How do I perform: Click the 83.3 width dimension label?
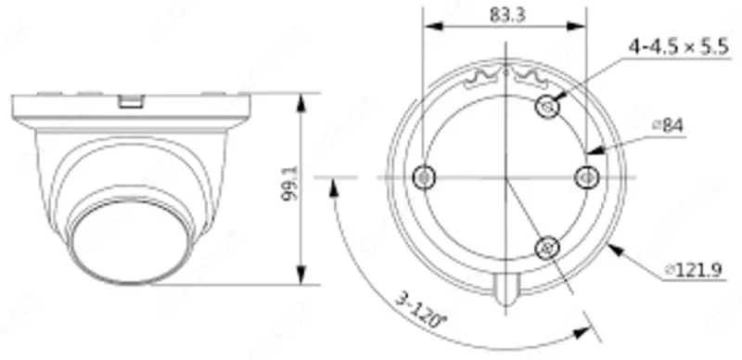coord(505,15)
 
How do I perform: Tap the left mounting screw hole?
coord(425,175)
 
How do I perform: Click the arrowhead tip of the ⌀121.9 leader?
coord(612,245)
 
